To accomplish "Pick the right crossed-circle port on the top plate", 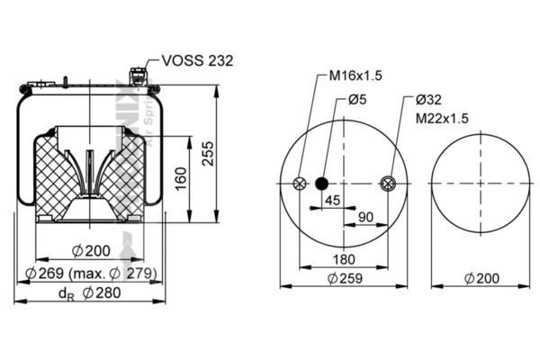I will coord(387,184).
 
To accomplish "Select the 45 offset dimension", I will coord(333,201).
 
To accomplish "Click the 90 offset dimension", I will coord(366,217).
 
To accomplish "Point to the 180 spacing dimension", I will coord(343,260).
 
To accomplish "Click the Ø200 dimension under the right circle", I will coord(481,279).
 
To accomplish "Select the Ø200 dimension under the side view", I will coord(90,251).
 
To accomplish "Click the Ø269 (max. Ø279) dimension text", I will coord(91,273).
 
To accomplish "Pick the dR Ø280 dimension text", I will coord(90,292).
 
